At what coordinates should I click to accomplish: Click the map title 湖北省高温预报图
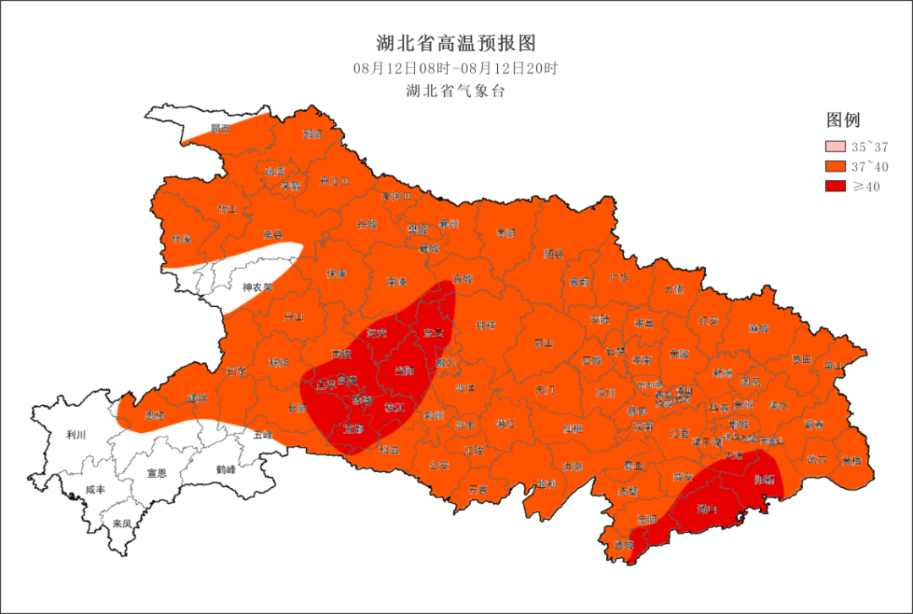tap(456, 42)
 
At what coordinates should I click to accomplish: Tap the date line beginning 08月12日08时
tap(456, 69)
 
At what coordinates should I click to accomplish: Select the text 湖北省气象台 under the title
tap(456, 91)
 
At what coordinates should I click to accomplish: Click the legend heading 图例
tap(843, 120)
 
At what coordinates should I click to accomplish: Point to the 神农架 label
tap(258, 288)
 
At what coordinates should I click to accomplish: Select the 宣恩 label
tap(157, 473)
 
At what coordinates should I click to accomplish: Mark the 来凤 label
tap(122, 524)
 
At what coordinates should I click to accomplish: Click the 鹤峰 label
tap(226, 469)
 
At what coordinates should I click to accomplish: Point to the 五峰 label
tap(263, 435)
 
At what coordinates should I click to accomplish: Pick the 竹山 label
tap(227, 209)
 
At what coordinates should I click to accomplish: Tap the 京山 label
tap(543, 343)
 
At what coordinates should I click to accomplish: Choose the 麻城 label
tap(759, 328)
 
